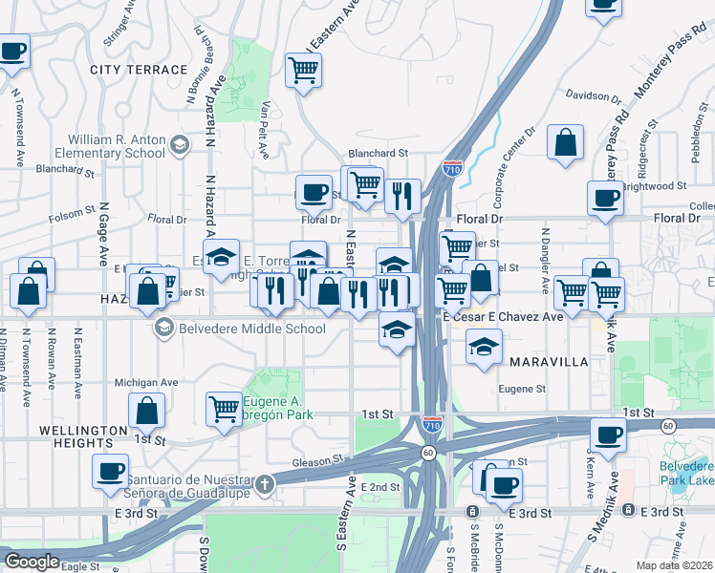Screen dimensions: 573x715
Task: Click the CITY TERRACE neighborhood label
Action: (x=139, y=70)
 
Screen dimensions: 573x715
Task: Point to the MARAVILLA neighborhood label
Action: (x=548, y=363)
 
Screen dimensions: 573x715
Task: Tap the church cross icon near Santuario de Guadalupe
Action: (x=265, y=484)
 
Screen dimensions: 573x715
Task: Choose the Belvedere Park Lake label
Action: (x=685, y=474)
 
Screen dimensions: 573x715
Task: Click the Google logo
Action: (x=32, y=562)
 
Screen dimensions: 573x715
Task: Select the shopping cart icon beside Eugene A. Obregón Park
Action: (x=224, y=409)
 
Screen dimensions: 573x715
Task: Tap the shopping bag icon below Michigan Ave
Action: (x=148, y=412)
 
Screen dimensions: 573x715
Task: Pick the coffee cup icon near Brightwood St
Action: (x=604, y=199)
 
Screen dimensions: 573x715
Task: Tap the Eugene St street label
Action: (x=522, y=389)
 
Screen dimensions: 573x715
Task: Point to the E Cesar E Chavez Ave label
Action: (x=502, y=316)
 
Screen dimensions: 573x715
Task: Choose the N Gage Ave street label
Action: (x=100, y=239)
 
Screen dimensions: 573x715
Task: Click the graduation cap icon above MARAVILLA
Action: (x=485, y=346)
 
